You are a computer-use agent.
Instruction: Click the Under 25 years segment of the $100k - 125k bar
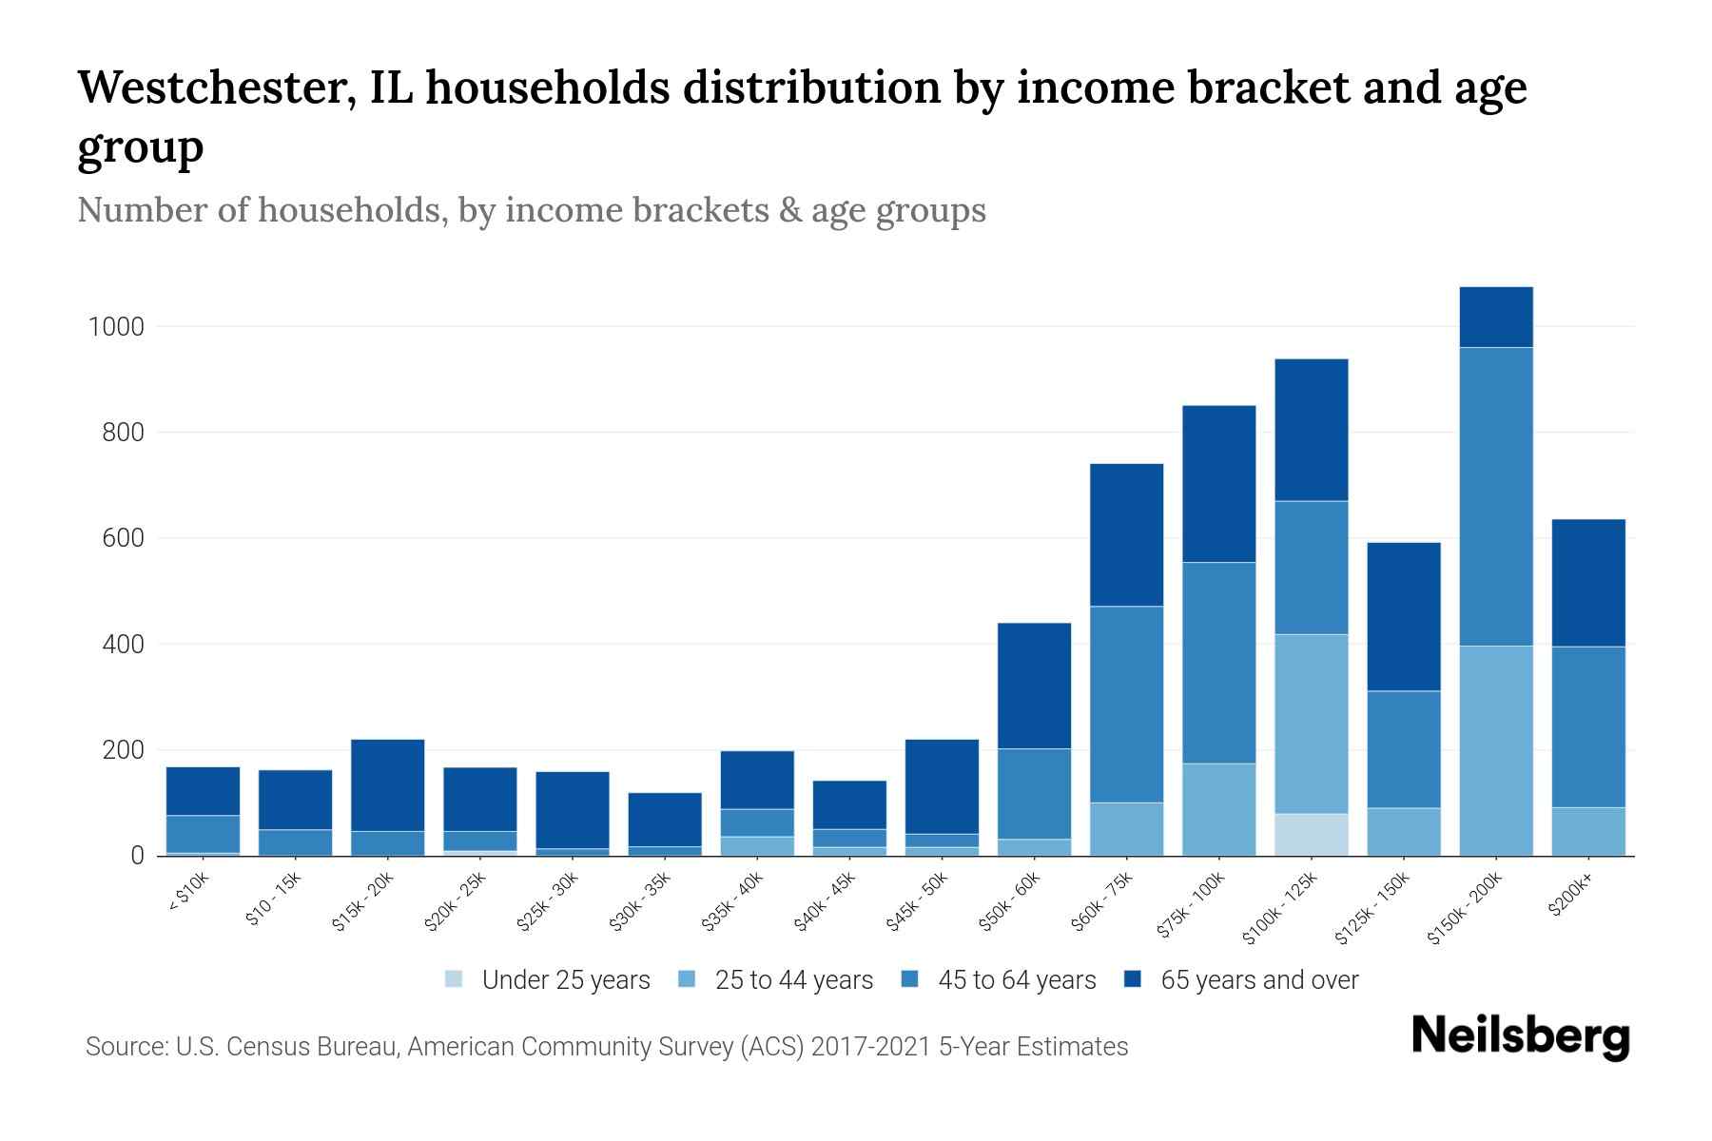pos(1312,834)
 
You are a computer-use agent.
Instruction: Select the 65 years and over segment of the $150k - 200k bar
pos(1496,317)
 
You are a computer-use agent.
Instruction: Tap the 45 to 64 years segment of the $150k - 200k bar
pos(1496,496)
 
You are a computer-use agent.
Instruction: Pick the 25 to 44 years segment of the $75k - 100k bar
pos(1218,809)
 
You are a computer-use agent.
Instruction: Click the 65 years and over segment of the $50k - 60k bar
pos(1034,686)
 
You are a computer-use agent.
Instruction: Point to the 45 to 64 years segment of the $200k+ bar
pos(1588,726)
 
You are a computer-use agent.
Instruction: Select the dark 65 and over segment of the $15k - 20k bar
pos(387,785)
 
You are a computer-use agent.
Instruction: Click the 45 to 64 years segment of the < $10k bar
pos(203,834)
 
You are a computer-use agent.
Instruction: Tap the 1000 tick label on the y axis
pos(115,327)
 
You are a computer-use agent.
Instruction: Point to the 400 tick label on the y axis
pos(124,645)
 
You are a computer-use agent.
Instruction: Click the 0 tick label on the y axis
pos(137,856)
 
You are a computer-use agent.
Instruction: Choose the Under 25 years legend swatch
pos(455,979)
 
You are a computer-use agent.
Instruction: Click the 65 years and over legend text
pos(1259,979)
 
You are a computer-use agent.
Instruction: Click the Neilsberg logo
pos(1520,1036)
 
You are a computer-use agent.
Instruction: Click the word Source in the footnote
pos(125,1047)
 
